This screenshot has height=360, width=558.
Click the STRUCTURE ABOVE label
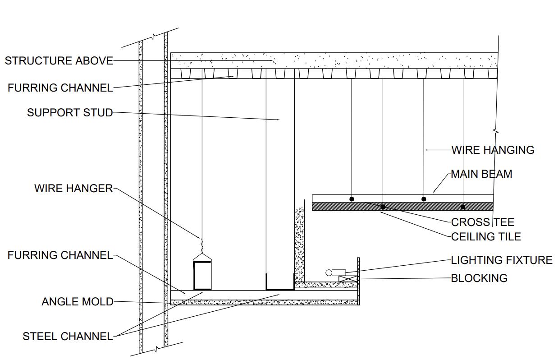[x=59, y=60]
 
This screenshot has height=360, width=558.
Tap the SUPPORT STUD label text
[x=70, y=112]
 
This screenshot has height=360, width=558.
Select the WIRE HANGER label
[x=73, y=188]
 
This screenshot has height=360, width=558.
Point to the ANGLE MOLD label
[x=78, y=301]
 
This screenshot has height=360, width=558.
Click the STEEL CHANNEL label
[x=68, y=336]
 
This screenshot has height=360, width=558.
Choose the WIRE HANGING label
[x=493, y=150]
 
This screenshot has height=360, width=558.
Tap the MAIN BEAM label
[x=481, y=174]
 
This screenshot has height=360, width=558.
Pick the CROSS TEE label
[x=482, y=222]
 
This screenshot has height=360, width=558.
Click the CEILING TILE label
[x=486, y=236]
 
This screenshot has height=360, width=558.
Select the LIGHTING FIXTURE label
[x=502, y=260]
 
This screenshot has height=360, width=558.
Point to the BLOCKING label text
[x=479, y=278]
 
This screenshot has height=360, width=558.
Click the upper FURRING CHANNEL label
[x=60, y=88]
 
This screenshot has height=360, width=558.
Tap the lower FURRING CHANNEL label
[x=60, y=255]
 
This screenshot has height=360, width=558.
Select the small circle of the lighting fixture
[x=329, y=272]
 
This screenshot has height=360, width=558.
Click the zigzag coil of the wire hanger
[x=202, y=246]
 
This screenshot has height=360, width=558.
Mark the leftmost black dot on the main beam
[x=352, y=199]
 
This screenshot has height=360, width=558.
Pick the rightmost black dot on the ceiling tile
[x=463, y=207]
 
